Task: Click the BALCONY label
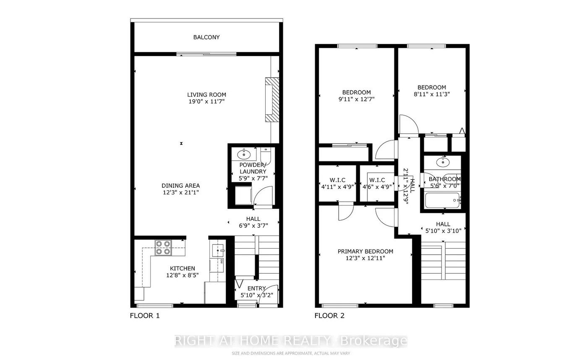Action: point(206,37)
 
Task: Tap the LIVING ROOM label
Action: point(206,95)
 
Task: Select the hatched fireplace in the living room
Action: point(272,100)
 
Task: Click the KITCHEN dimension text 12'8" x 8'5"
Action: point(182,275)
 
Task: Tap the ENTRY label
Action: point(256,288)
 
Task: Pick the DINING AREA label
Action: point(181,186)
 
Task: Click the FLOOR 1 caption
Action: point(145,316)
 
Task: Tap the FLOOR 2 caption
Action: point(329,316)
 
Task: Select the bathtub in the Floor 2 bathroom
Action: point(442,200)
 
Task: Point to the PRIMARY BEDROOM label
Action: point(365,251)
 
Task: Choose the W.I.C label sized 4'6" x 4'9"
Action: point(377,180)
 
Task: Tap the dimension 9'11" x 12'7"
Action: point(356,99)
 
